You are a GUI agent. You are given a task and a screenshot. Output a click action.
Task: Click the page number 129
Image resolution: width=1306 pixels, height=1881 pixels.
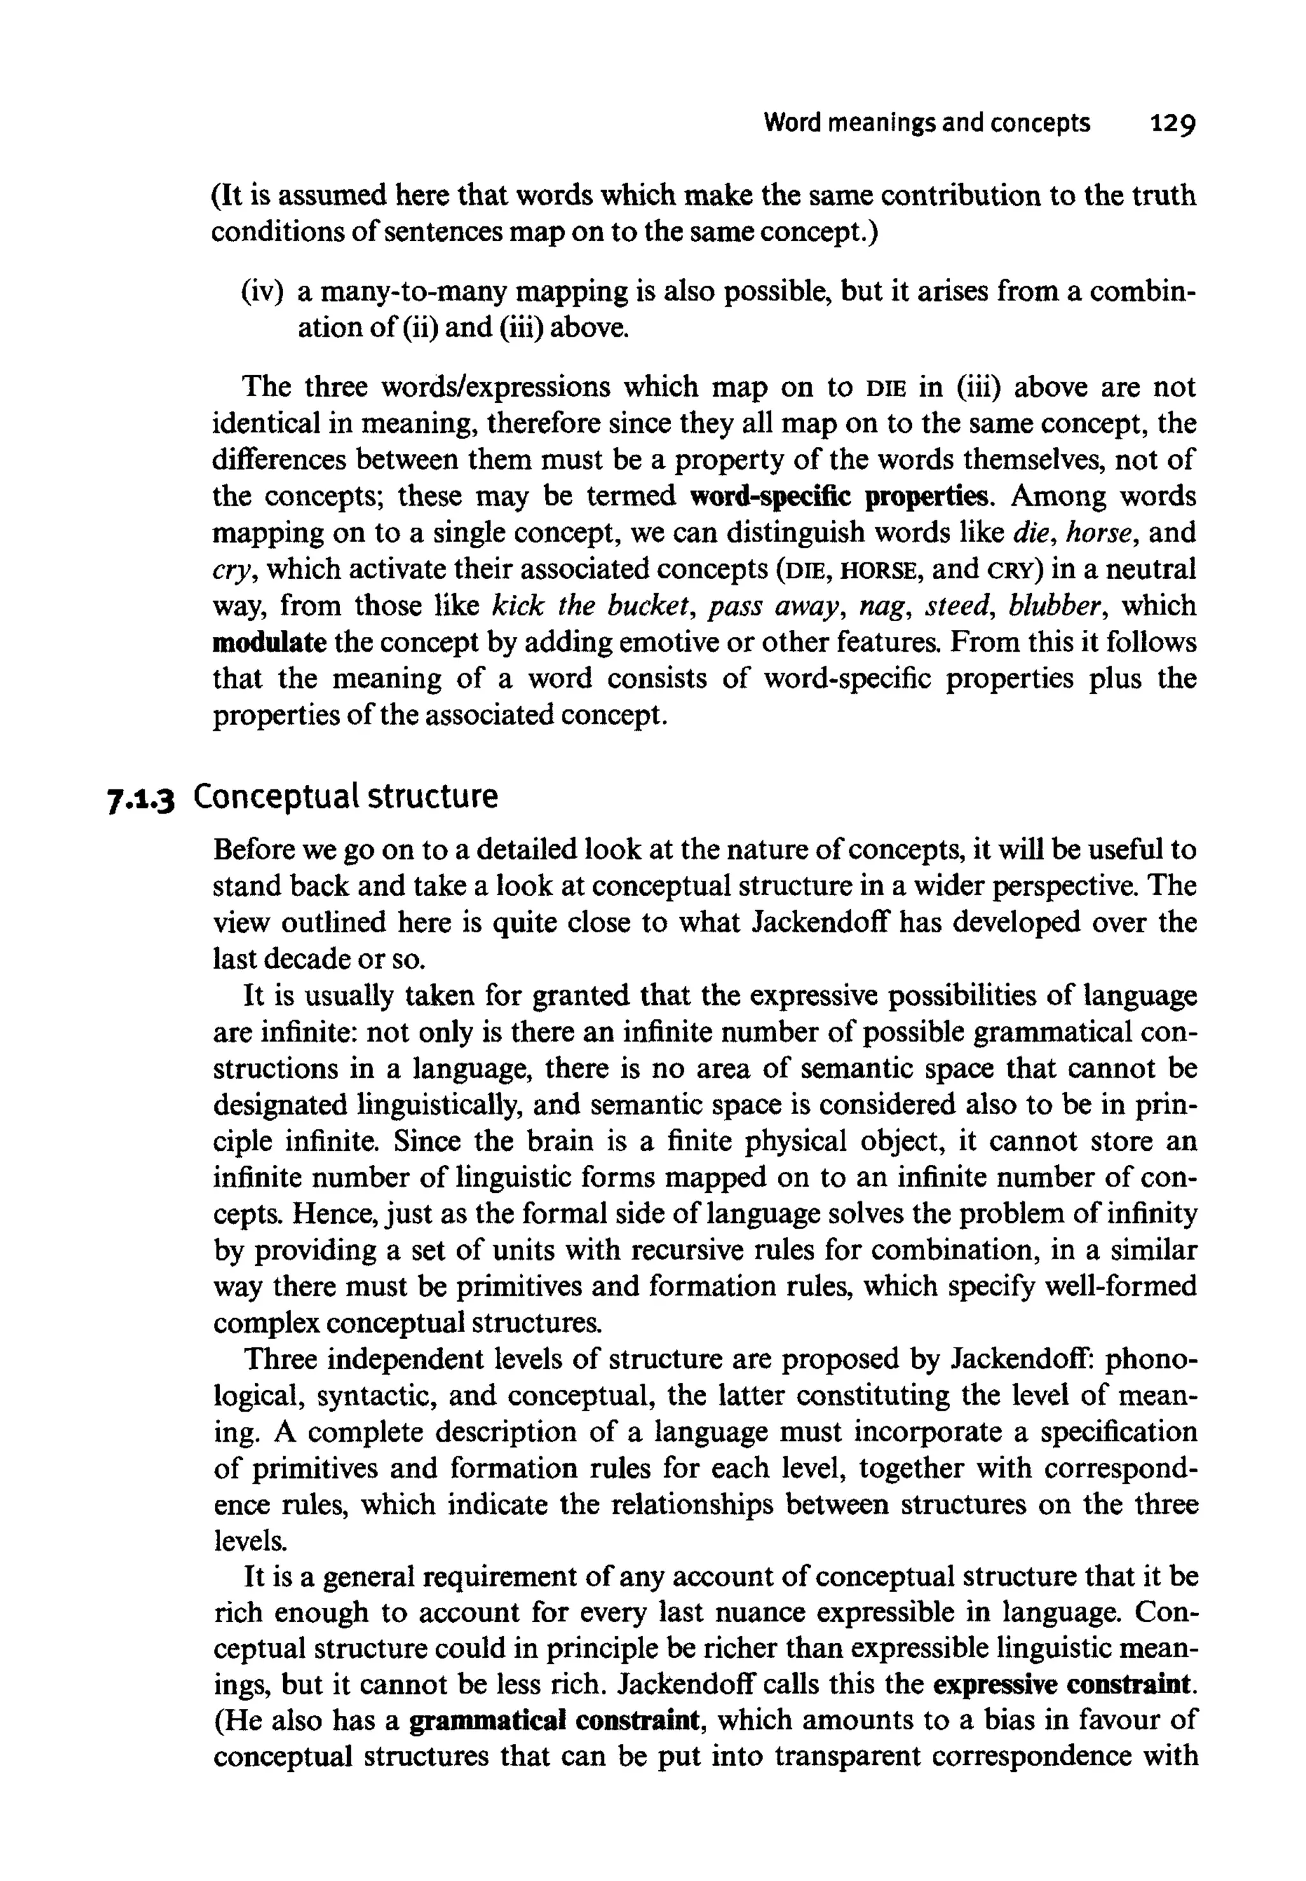(x=1173, y=124)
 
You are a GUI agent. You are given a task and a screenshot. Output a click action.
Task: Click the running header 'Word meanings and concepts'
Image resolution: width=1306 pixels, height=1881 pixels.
(x=927, y=124)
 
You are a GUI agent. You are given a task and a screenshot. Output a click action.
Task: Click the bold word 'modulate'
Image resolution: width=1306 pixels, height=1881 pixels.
(x=269, y=642)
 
